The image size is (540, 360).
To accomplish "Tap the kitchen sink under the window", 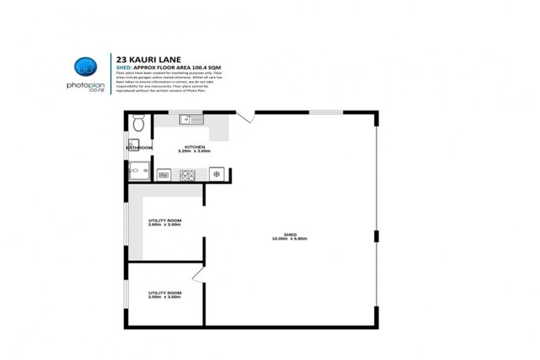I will [191, 119].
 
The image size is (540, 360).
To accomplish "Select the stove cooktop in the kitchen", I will [187, 174].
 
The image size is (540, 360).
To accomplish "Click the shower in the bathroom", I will [138, 170].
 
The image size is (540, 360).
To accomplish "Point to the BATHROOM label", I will [139, 148].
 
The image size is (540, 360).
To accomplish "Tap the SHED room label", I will [290, 234].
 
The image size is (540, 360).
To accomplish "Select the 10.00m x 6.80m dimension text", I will [290, 239].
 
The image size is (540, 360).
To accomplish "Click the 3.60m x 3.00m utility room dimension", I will [165, 225].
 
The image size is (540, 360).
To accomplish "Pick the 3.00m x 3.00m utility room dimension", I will [165, 297].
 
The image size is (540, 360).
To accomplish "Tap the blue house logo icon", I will [86, 67].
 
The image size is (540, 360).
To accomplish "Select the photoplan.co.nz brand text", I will [86, 86].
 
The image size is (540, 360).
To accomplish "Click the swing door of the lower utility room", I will [198, 274].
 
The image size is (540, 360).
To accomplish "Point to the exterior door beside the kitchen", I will [244, 117].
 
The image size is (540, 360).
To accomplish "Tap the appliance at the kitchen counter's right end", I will [217, 174].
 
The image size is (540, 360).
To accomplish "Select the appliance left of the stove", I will [164, 174].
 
